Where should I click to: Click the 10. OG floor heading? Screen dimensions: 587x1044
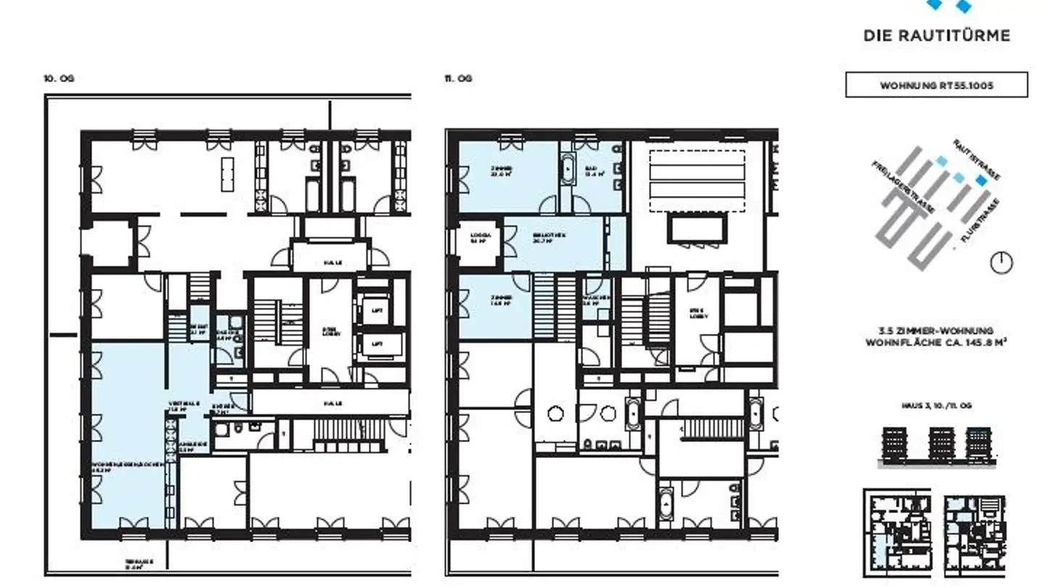pyautogui.click(x=59, y=78)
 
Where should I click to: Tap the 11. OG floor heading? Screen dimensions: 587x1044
pyautogui.click(x=458, y=78)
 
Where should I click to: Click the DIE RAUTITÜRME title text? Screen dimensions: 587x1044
pyautogui.click(x=936, y=36)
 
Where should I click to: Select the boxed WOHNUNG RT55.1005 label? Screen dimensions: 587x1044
pyautogui.click(x=936, y=86)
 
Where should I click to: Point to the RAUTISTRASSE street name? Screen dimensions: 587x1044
pyautogui.click(x=977, y=160)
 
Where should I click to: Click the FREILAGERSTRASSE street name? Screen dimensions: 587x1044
pyautogui.click(x=903, y=187)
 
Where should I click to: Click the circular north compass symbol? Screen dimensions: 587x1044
pyautogui.click(x=1001, y=262)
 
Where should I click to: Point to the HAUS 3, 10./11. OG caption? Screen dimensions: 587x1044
pyautogui.click(x=935, y=407)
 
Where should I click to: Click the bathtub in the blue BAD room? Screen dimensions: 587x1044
pyautogui.click(x=568, y=171)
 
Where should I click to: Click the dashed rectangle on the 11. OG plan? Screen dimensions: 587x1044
pyautogui.click(x=697, y=180)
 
